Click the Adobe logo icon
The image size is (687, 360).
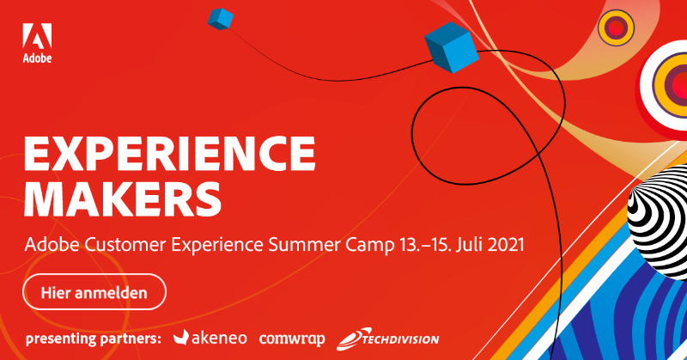pyautogui.click(x=37, y=35)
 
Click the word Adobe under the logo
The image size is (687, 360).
pyautogui.click(x=37, y=58)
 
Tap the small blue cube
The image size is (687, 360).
pyautogui.click(x=221, y=19)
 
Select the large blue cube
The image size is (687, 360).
pyautogui.click(x=452, y=47)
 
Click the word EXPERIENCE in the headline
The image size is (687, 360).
pyautogui.click(x=169, y=154)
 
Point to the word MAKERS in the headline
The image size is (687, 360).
pyautogui.click(x=123, y=198)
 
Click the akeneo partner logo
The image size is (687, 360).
pyautogui.click(x=210, y=338)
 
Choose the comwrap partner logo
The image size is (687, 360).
pyautogui.click(x=292, y=339)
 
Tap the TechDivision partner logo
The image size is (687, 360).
pyautogui.click(x=388, y=339)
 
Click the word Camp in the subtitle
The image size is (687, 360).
pyautogui.click(x=370, y=245)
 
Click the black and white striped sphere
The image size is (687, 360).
pyautogui.click(x=657, y=222)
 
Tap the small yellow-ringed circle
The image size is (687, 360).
pyautogui.click(x=616, y=27)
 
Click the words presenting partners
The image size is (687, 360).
pyautogui.click(x=94, y=339)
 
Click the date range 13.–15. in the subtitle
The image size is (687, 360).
pyautogui.click(x=424, y=244)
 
